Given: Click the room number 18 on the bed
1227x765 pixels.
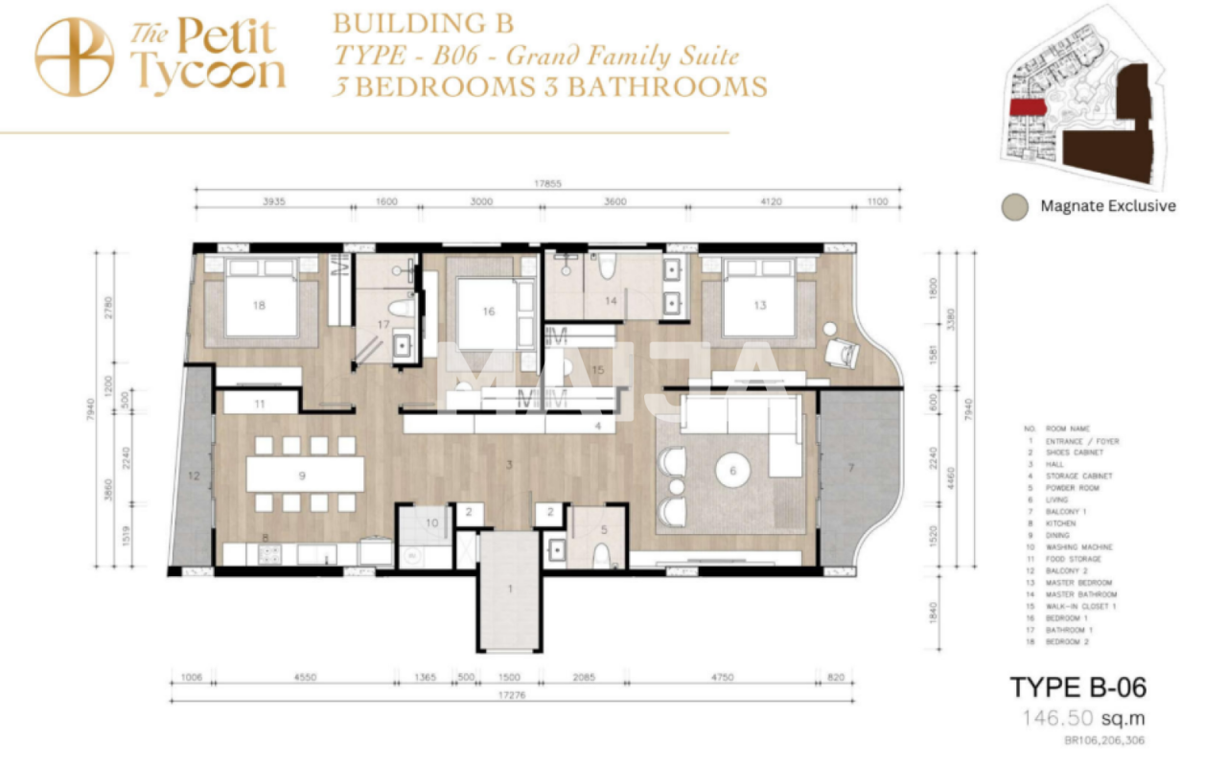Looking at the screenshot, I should tap(259, 306).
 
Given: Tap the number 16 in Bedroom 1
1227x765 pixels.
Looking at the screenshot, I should tap(488, 311).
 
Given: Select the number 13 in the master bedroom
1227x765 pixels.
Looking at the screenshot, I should tap(759, 306).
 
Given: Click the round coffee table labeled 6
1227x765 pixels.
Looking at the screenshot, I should tap(733, 471).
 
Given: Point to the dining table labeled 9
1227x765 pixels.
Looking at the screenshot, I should tap(304, 475).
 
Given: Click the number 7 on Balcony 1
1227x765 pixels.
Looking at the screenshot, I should tap(849, 468).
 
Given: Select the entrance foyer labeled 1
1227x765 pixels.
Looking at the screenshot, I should tap(509, 590).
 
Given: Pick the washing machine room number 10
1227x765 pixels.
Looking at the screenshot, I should tap(431, 522).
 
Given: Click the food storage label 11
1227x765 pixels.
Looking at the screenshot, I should tap(260, 405).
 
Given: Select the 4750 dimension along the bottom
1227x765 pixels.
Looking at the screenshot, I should tap(722, 678).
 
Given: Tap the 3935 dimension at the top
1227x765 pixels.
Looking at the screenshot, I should tap(272, 202).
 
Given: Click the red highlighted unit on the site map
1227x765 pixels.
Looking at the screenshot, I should tap(1027, 107).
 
